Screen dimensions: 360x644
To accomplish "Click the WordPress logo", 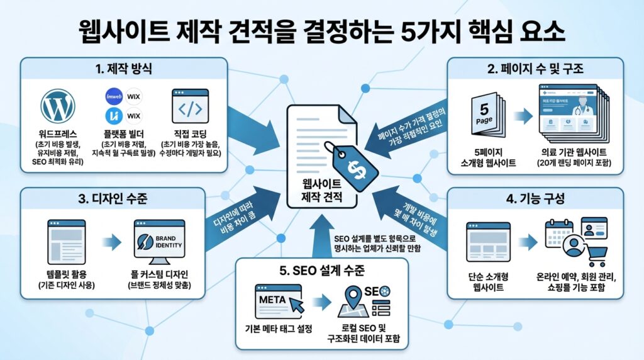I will point(57,106).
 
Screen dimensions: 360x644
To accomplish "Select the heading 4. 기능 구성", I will point(535,200).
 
